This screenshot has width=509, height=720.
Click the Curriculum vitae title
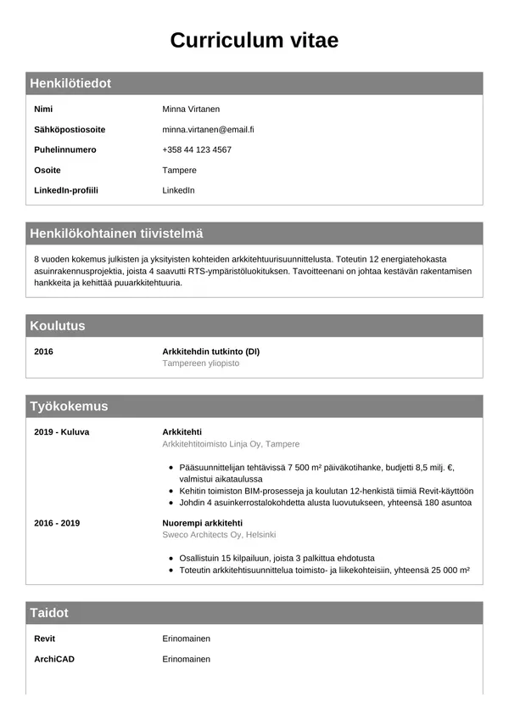point(255,40)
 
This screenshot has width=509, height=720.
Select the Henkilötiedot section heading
point(70,83)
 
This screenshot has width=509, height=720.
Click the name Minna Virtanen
point(191,110)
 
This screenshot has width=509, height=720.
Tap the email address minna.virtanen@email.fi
point(208,130)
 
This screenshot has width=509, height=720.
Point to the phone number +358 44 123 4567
point(197,149)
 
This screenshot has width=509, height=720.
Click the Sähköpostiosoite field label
point(70,130)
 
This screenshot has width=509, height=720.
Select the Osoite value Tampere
point(179,170)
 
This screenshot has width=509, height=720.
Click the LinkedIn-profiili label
point(66,190)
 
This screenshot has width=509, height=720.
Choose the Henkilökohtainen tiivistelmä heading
point(116,233)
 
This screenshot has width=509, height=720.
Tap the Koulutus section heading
point(58,325)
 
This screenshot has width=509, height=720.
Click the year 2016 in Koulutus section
point(43,351)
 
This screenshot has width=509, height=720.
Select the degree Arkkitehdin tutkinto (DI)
point(210,351)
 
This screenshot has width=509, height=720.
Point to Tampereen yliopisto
point(201,363)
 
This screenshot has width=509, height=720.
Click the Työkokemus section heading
point(69,406)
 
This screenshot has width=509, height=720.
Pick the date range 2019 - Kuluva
point(61,431)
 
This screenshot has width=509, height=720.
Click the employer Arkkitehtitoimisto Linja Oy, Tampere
point(231,444)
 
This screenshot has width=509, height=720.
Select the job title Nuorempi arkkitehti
point(202,523)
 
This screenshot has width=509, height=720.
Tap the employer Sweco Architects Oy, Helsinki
point(219,535)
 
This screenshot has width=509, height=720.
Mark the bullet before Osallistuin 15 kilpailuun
point(172,559)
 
